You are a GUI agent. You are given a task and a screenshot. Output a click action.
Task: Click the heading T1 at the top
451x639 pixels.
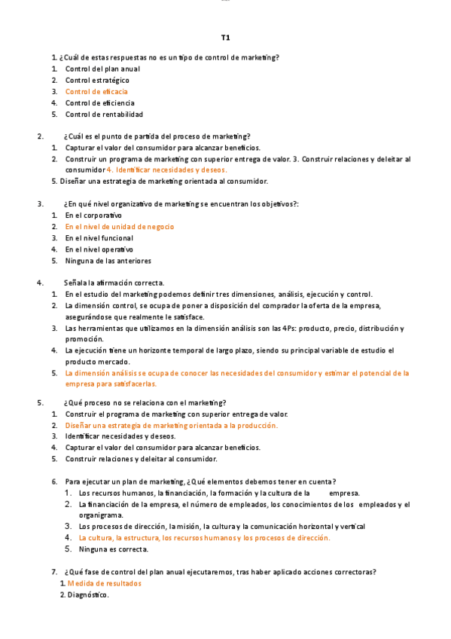point(225,37)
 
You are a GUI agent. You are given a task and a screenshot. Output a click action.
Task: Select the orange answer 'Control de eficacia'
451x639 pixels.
point(96,91)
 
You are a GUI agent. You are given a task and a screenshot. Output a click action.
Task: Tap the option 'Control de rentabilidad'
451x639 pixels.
point(104,115)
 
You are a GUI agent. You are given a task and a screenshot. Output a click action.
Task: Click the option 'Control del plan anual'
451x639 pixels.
point(102,69)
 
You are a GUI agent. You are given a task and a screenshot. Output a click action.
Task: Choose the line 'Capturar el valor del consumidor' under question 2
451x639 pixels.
point(163,148)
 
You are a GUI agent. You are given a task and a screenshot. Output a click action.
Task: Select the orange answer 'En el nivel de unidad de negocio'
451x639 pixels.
point(120,226)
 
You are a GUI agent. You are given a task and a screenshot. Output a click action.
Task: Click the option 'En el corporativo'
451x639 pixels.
point(93,215)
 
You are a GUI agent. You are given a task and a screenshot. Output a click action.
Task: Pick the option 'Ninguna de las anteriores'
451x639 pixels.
point(108,261)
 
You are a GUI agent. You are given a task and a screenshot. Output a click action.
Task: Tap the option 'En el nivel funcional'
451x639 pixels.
point(99,238)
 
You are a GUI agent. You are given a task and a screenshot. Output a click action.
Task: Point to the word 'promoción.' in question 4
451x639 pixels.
point(83,339)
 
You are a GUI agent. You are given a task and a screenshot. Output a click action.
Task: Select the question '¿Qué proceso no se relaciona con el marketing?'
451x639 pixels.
point(145,402)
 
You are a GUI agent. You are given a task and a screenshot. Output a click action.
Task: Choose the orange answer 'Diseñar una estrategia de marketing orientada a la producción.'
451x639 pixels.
point(172,425)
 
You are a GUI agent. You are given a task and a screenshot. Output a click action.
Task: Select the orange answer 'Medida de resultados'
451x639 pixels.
point(104,583)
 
